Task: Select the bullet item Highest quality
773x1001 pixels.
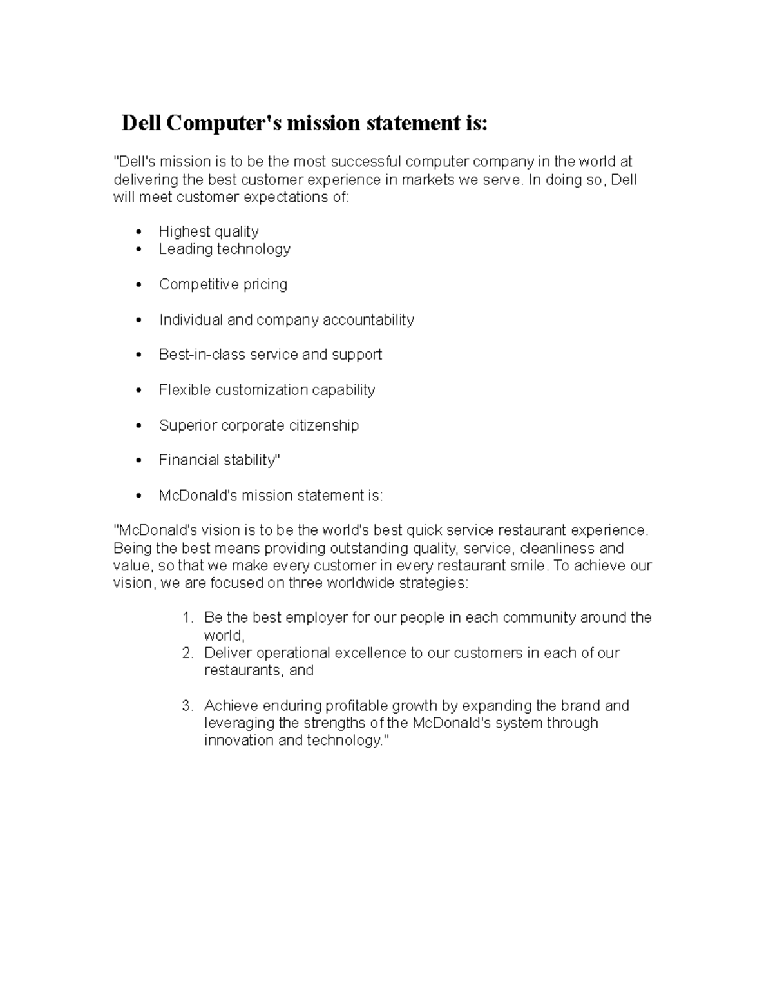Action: pos(209,231)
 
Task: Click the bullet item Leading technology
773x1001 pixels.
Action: pos(224,249)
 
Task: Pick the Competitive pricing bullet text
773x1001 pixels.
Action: pos(223,284)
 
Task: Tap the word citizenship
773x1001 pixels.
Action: pos(324,425)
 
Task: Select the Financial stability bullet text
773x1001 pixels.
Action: pos(219,460)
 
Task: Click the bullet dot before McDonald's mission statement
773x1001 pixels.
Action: pos(139,496)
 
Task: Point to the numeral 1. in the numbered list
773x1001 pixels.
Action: pos(187,617)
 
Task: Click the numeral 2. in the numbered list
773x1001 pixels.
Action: pos(187,653)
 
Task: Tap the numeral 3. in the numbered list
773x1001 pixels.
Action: pos(187,706)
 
